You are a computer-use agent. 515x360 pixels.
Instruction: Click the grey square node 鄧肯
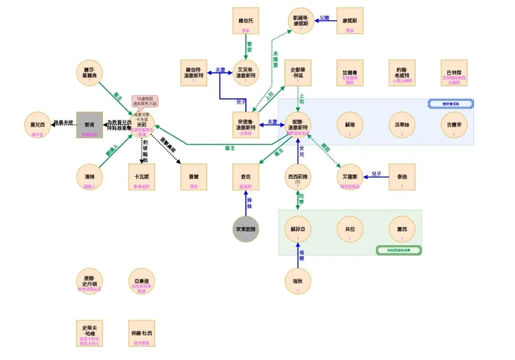[89, 125]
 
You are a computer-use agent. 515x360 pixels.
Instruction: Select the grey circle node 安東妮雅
[246, 229]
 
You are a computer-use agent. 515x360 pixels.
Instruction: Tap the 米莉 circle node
[142, 125]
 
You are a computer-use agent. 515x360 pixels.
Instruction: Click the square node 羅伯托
[246, 21]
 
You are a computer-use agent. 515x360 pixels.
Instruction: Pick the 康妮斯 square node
[350, 21]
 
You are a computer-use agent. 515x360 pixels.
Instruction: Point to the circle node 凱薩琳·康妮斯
[298, 21]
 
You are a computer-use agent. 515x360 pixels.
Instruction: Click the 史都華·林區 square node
[298, 72]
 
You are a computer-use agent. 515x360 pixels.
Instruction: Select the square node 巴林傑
[454, 72]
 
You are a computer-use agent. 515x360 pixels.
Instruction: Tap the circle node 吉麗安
[454, 125]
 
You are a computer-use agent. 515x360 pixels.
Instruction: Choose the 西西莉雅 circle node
[298, 177]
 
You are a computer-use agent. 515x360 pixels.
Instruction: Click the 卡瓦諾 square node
[142, 177]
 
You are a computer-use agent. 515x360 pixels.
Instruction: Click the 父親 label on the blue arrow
[324, 18]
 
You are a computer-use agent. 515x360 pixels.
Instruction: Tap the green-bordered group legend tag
[399, 249]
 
